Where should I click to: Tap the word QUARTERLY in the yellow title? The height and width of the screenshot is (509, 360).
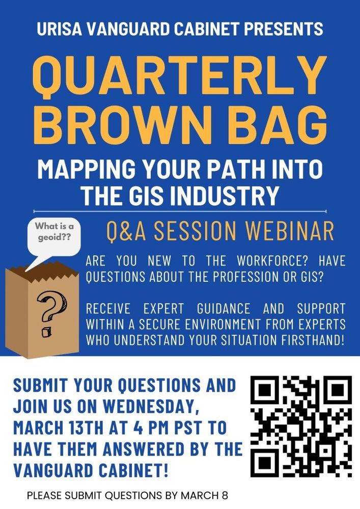180,73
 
